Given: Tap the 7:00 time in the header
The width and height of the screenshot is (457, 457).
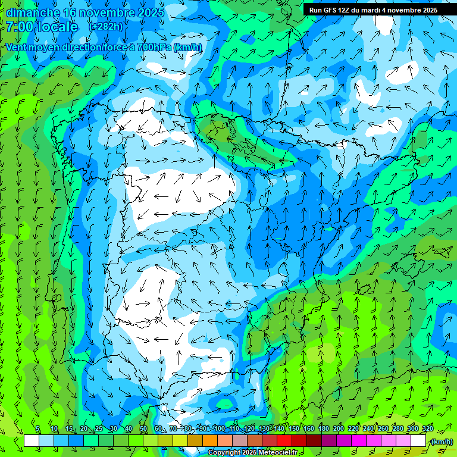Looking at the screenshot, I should (x=19, y=27).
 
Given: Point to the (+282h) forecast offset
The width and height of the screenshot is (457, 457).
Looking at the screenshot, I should (x=106, y=27).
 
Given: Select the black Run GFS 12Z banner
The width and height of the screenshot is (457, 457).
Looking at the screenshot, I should (x=373, y=10).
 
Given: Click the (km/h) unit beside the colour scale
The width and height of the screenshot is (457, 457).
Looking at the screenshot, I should (x=442, y=441).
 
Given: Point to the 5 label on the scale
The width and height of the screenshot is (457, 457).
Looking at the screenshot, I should (x=37, y=428).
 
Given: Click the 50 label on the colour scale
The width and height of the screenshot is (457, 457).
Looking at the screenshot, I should (x=143, y=428).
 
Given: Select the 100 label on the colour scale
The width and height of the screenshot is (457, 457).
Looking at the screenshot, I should (x=220, y=428).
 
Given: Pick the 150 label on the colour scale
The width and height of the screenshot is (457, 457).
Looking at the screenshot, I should (x=294, y=428).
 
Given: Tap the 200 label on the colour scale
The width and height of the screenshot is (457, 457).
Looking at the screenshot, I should (x=339, y=428).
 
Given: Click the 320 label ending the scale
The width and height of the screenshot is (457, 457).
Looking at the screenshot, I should (x=427, y=428).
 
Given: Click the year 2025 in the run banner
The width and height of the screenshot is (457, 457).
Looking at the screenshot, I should (x=426, y=10).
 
